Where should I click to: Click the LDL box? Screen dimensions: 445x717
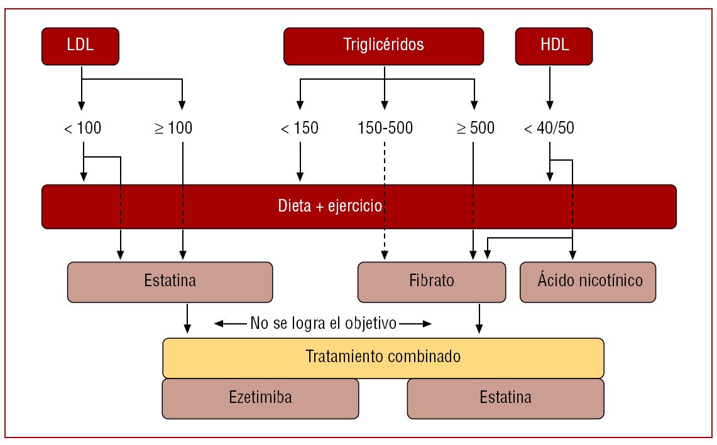(x=80, y=46)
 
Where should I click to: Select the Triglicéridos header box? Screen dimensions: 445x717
(x=383, y=46)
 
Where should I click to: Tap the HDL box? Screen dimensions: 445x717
(x=553, y=46)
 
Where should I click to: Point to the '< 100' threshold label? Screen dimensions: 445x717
(x=82, y=128)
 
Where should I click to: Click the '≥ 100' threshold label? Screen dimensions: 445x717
(x=173, y=128)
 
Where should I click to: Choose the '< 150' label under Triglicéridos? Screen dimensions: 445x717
(x=299, y=128)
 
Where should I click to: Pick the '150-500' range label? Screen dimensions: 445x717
(x=385, y=128)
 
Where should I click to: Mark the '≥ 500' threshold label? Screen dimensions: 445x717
(x=476, y=128)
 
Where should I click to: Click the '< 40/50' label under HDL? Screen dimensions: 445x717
(x=549, y=128)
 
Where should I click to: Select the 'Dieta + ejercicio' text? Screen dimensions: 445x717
(x=330, y=206)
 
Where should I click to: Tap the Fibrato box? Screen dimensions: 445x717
(x=431, y=281)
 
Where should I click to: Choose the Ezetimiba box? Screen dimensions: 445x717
(x=260, y=398)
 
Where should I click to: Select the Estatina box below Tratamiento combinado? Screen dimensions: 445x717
(x=505, y=398)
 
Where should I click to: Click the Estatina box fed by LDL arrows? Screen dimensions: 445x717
(x=170, y=281)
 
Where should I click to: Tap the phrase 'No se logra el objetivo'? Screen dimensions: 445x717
(x=323, y=324)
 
